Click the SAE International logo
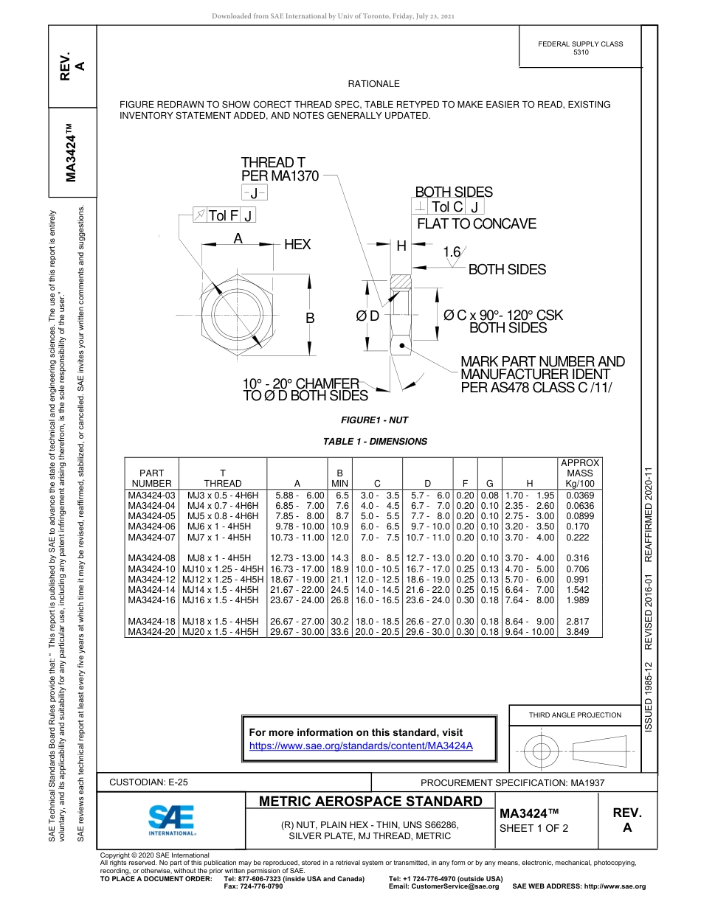coord(172,819)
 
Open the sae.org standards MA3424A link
coord(361,746)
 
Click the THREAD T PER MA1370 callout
coord(280,169)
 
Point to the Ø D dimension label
coord(367,316)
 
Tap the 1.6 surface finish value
coord(451,252)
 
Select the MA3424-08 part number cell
coord(152,558)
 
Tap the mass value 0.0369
coord(579,495)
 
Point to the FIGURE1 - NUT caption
coord(374,420)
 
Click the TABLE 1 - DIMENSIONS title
coord(375,442)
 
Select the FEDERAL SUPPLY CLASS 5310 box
coord(581,48)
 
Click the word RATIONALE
coord(373,84)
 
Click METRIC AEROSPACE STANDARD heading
coord(370,802)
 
